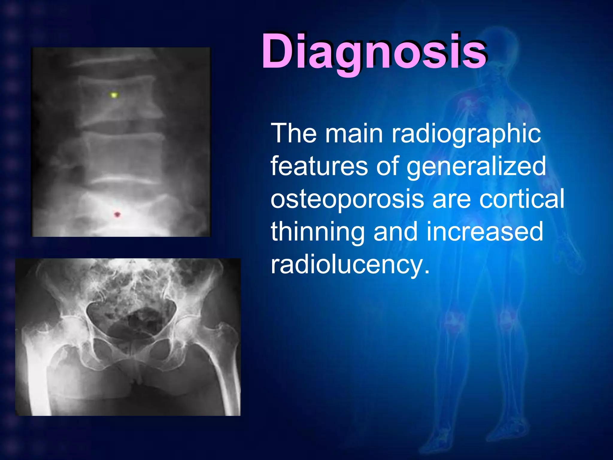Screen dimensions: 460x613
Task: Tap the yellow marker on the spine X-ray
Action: point(114,95)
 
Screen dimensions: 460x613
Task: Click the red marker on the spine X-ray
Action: point(117,214)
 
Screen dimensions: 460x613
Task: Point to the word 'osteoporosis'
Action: point(347,199)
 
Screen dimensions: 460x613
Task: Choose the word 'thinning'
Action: point(318,232)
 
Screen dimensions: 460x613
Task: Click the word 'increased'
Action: point(485,231)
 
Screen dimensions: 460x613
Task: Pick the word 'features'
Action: point(319,166)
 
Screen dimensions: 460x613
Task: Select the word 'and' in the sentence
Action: point(395,231)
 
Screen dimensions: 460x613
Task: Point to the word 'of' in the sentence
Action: point(388,166)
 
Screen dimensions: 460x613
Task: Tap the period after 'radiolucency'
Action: point(427,271)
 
